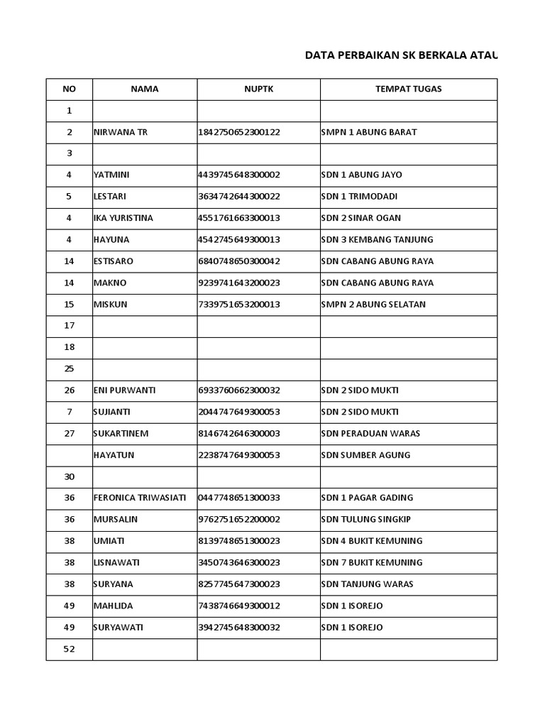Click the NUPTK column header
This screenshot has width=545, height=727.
coord(258,89)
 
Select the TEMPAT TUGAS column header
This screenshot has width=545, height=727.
coord(408,89)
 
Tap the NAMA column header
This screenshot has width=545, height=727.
coord(145,89)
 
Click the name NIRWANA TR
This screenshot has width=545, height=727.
coord(121,132)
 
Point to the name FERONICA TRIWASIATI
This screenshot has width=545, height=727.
coord(140,498)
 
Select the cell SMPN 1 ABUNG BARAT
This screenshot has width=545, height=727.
coord(369,132)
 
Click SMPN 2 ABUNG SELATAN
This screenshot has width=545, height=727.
coord(373,305)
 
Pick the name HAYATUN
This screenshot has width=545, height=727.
coord(114,455)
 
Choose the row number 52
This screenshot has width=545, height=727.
coord(70,649)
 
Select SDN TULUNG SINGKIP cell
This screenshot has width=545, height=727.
coord(365,520)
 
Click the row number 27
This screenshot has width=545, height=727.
coord(70,434)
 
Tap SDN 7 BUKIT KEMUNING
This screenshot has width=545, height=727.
coord(372,562)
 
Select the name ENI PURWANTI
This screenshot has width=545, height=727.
coord(124,390)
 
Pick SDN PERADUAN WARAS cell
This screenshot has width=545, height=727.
coord(370,434)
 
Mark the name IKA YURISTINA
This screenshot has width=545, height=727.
coord(123,218)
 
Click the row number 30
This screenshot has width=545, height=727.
coord(70,476)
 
